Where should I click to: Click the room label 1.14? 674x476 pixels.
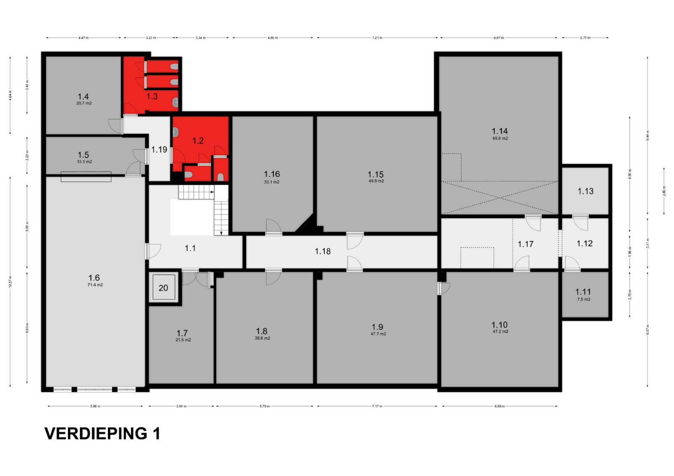point(500,131)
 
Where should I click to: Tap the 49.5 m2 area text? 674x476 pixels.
point(376,181)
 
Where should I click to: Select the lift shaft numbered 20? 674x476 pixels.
point(163,288)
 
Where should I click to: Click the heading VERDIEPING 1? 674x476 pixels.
point(102,433)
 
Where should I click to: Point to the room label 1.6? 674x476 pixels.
point(94,278)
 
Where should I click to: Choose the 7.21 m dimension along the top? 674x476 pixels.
point(377,38)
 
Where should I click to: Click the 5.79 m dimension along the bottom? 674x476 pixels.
point(264,407)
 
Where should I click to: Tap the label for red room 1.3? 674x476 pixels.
point(152,96)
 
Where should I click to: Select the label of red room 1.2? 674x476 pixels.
point(198,141)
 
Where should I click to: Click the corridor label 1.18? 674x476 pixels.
point(323,251)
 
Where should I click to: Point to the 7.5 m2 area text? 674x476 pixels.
point(583,300)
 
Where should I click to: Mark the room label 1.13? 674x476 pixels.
point(585,191)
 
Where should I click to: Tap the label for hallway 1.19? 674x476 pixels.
point(159,149)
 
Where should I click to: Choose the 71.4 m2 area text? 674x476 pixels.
point(95,285)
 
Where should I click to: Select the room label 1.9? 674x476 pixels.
point(377,327)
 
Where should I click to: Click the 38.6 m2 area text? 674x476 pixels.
point(262,338)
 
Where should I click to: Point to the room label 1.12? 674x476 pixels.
point(584,243)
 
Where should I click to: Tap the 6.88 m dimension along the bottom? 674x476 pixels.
point(499,407)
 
